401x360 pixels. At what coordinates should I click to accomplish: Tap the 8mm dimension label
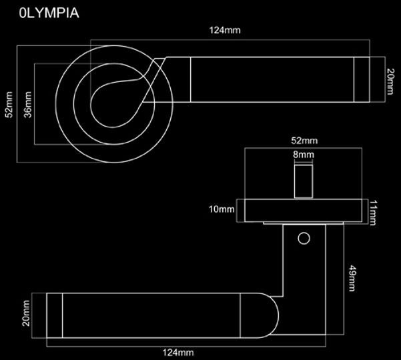tap(303, 155)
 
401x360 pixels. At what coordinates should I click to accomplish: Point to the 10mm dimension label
tap(222, 209)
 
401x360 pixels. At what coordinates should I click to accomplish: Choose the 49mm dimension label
tap(352, 279)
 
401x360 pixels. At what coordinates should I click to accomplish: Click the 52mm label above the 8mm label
tap(305, 141)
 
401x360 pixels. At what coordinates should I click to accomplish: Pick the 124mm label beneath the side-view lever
tap(179, 352)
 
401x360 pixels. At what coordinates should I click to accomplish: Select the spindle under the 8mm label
tap(304, 180)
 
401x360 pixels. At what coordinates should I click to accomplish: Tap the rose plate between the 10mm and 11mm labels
tap(304, 210)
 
